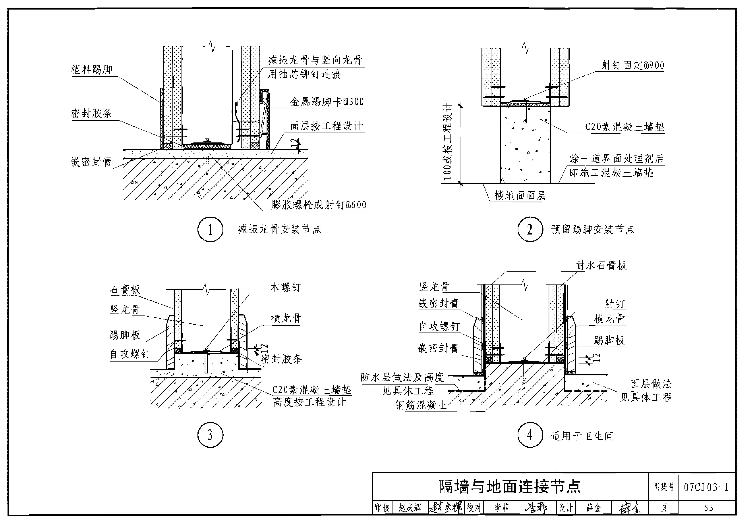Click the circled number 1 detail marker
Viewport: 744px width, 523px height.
point(210,230)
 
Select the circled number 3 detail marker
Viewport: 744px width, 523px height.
point(210,435)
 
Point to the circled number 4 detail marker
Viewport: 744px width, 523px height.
point(530,435)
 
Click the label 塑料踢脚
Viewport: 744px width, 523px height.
point(92,70)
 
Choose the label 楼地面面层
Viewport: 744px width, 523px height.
point(520,195)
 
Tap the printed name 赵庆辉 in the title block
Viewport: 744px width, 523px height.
point(410,508)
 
